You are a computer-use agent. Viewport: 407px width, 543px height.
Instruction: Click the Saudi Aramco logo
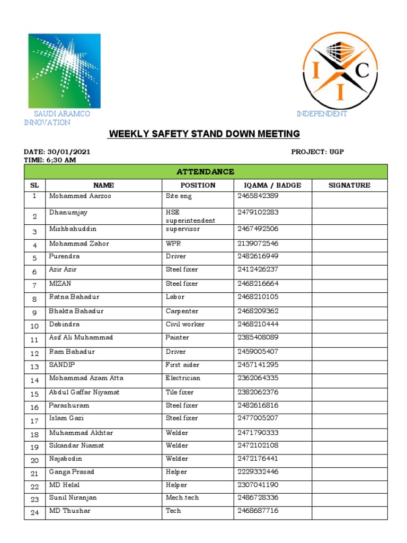[x=64, y=71]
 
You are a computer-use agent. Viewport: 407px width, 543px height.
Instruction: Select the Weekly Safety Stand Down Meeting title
[x=204, y=134]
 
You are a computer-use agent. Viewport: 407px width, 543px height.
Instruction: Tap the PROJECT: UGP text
[x=317, y=152]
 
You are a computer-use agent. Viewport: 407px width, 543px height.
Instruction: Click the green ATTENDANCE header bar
[x=206, y=172]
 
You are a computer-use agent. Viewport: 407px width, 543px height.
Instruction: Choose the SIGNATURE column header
[x=349, y=185]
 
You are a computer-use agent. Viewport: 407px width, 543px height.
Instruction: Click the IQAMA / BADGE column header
[x=272, y=185]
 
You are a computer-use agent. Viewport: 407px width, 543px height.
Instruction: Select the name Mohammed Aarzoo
[x=80, y=196]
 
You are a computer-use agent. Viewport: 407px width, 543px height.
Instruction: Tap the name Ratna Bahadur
[x=74, y=297]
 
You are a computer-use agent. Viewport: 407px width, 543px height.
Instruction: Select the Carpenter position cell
[x=182, y=311]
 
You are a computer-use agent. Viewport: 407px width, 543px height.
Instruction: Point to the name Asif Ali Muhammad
[x=81, y=337]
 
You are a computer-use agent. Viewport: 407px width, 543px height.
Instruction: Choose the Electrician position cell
[x=183, y=378]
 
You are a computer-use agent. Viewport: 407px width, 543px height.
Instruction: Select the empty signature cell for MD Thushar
[x=349, y=512]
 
